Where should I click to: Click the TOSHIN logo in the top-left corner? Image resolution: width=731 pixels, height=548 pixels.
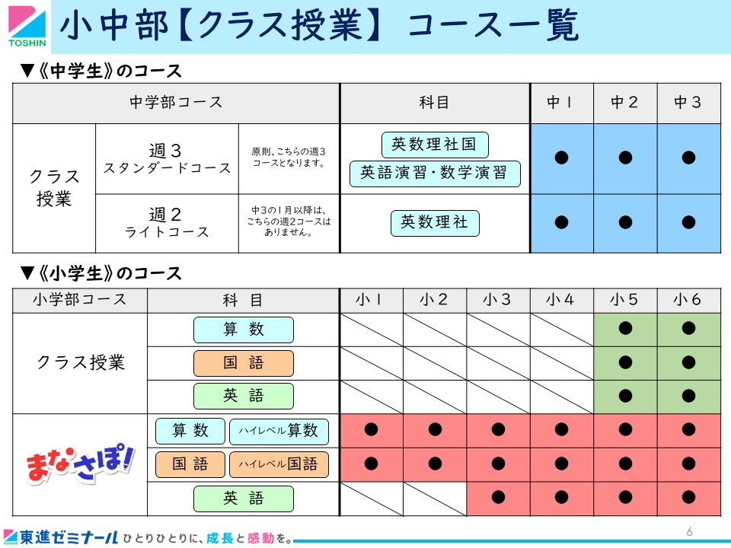pyautogui.click(x=27, y=27)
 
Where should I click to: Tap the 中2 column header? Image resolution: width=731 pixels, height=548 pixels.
pyautogui.click(x=624, y=102)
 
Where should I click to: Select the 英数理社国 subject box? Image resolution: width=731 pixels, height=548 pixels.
pyautogui.click(x=435, y=145)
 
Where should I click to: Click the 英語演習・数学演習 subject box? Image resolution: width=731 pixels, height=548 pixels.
pyautogui.click(x=435, y=174)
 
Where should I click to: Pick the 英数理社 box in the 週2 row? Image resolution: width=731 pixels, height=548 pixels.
pyautogui.click(x=435, y=223)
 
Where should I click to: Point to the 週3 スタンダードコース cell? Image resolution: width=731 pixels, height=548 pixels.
pyautogui.click(x=167, y=159)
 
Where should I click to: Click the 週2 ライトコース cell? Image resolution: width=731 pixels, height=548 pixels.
pyautogui.click(x=167, y=223)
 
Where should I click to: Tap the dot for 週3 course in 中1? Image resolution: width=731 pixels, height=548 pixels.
pyautogui.click(x=561, y=158)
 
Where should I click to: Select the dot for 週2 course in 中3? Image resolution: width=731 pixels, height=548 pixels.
pyautogui.click(x=688, y=222)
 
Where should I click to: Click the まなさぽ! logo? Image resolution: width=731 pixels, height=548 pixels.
pyautogui.click(x=80, y=464)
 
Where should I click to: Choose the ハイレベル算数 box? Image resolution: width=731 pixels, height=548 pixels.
pyautogui.click(x=279, y=432)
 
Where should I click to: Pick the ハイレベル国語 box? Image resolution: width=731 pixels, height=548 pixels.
pyautogui.click(x=279, y=464)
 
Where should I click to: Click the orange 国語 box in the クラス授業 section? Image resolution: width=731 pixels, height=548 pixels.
pyautogui.click(x=244, y=363)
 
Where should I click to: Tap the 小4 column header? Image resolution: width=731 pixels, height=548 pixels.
pyautogui.click(x=561, y=300)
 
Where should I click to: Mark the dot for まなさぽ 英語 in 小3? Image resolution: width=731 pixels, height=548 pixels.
pyautogui.click(x=498, y=497)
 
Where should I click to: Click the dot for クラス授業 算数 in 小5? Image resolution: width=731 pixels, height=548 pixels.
pyautogui.click(x=624, y=328)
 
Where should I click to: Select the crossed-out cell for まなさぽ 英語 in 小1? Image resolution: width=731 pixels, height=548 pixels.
pyautogui.click(x=371, y=499)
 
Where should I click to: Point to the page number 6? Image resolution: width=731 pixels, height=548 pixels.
pyautogui.click(x=690, y=531)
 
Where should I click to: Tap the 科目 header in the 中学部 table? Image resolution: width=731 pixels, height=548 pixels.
pyautogui.click(x=434, y=102)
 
